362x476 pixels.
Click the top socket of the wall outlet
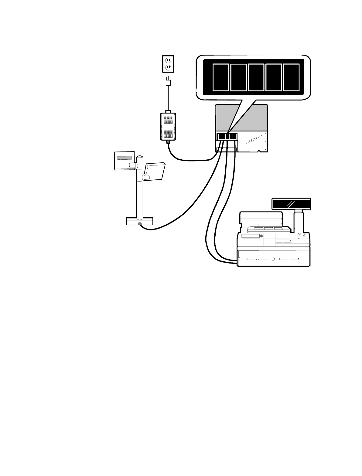[x=167, y=60]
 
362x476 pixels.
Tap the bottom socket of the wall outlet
[x=167, y=67]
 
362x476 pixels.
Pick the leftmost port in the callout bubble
[x=220, y=77]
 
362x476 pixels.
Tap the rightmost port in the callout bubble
[x=291, y=77]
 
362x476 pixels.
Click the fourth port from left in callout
[x=273, y=77]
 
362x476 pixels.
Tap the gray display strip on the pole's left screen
[x=125, y=158]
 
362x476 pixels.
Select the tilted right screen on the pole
[x=155, y=172]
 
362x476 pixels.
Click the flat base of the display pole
[x=139, y=221]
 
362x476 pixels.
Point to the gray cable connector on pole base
[x=139, y=224]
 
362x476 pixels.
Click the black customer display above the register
[x=291, y=203]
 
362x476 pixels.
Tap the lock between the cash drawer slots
[x=273, y=259]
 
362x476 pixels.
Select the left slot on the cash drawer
[x=257, y=259]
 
